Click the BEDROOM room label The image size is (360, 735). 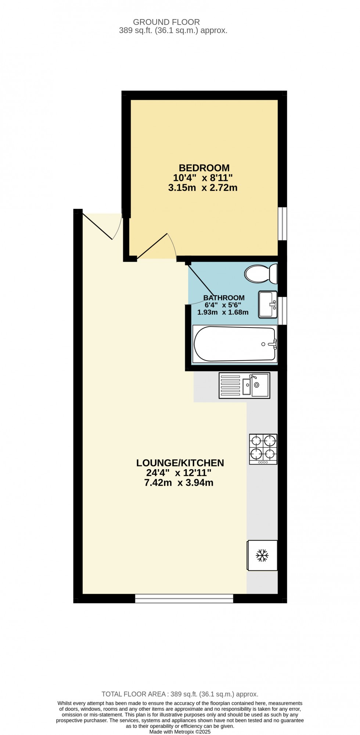tap(204, 168)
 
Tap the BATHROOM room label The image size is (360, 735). tap(224, 298)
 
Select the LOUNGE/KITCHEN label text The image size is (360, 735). tap(180, 463)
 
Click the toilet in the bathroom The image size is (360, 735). tap(260, 274)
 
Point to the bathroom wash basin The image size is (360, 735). tap(268, 304)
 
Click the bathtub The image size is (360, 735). tap(235, 344)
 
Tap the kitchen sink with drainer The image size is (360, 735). tap(244, 385)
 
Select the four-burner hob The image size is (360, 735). tap(263, 449)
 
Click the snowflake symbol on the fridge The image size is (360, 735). tap(262, 555)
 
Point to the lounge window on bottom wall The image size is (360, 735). tap(184, 598)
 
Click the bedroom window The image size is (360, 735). tap(282, 224)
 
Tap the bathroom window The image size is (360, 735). tap(282, 311)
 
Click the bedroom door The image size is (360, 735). tap(152, 246)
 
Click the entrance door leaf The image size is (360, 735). tap(97, 226)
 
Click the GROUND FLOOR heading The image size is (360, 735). tap(166, 22)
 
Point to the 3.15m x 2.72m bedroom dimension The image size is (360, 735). tap(203, 188)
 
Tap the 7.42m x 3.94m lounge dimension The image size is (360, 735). tap(179, 483)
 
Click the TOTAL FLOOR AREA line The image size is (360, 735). tap(180, 694)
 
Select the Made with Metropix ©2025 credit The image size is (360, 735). tap(180, 732)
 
